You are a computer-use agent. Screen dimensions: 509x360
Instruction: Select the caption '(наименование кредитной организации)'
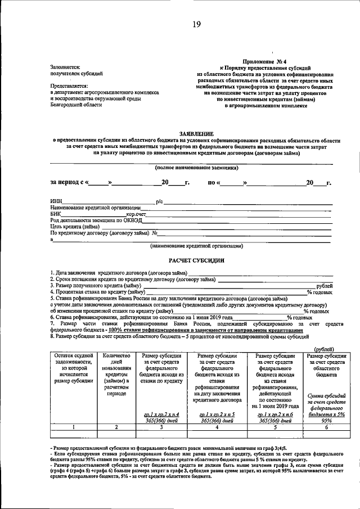[196, 246]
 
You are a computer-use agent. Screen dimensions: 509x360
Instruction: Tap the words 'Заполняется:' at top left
[65, 67]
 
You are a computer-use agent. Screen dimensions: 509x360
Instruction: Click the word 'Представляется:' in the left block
[69, 86]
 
